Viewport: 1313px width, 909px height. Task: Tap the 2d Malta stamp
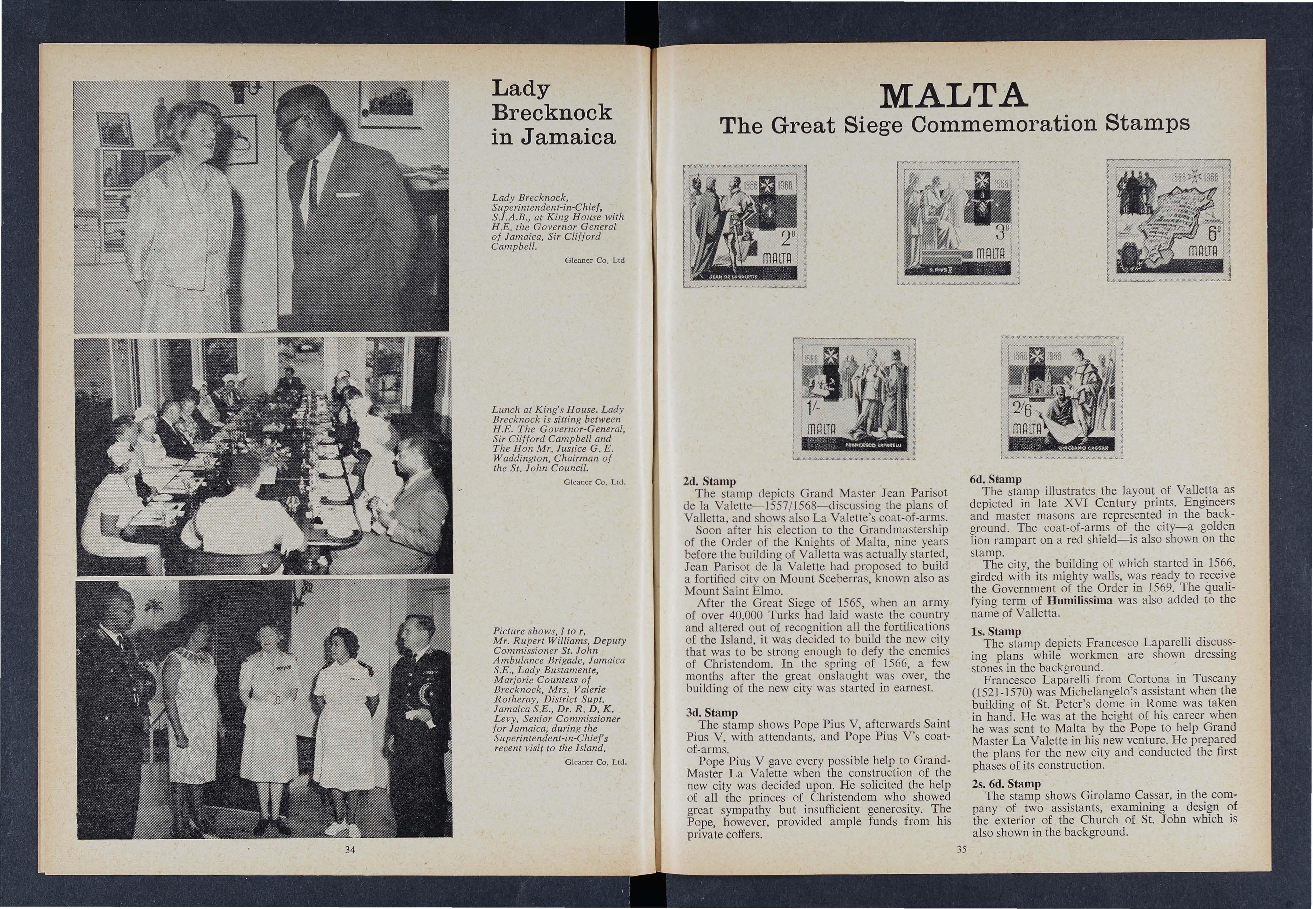click(x=745, y=226)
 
